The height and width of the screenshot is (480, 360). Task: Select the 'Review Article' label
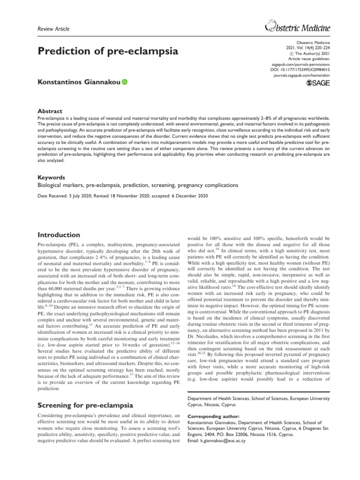click(x=53, y=29)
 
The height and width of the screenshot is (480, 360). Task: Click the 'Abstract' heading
click(x=50, y=111)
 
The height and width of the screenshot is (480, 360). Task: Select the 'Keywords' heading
click(x=52, y=178)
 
